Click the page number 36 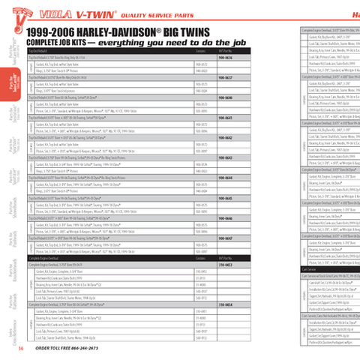[x=22, y=347]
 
